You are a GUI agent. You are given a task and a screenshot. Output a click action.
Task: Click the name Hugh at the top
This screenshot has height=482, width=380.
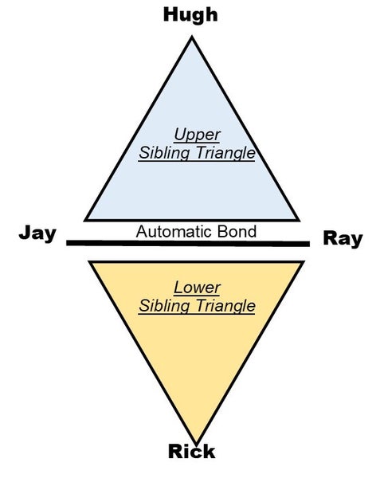190,16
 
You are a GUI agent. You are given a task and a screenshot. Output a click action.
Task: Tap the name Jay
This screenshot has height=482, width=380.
37,233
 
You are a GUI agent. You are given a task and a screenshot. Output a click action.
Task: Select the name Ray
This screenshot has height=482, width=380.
343,239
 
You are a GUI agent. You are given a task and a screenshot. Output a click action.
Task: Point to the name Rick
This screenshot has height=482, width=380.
191,451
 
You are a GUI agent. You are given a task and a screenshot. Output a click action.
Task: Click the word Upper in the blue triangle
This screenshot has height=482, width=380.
197,135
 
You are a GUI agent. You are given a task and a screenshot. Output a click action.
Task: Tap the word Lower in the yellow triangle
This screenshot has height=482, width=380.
197,288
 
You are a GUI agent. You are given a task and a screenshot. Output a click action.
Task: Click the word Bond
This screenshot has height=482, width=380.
237,232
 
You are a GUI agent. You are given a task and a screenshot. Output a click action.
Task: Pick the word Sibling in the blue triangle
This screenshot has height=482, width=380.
164,153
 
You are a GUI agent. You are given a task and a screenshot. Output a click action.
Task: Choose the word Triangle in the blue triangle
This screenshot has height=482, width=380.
225,153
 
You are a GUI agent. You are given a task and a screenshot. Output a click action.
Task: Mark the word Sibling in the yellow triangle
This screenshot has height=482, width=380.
164,306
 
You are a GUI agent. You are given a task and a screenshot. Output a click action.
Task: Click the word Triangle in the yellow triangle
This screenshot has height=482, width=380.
225,306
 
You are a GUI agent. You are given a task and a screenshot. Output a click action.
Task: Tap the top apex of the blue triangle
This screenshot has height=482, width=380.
192,37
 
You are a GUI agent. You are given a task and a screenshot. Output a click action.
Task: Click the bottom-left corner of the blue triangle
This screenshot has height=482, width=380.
84,221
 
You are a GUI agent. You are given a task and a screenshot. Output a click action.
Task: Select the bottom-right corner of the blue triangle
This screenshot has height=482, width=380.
300,221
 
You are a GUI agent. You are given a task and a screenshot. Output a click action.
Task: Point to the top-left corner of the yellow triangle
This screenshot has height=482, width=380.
88,261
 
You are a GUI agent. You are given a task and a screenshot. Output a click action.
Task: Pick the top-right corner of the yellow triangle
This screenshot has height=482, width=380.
304,261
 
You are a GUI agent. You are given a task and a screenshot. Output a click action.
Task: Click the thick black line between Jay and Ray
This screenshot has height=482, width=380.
188,243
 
